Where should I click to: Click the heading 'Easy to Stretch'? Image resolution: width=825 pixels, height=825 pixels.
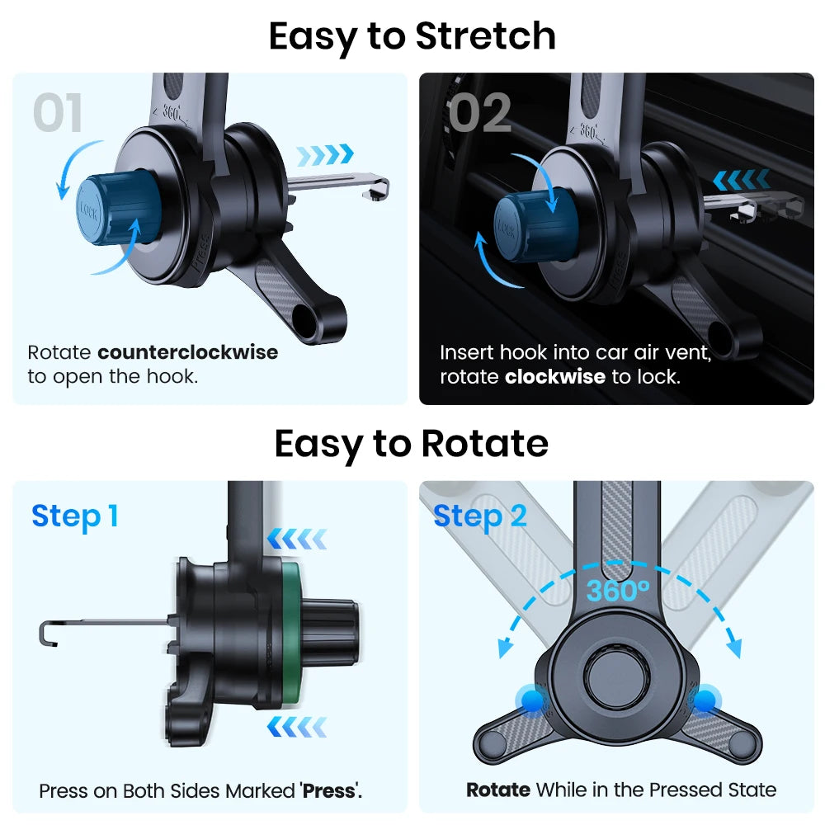412,35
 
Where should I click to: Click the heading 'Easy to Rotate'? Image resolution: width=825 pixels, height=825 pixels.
411,444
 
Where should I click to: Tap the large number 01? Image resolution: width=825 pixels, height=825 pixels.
59,114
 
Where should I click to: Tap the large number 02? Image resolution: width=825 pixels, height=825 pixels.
479,114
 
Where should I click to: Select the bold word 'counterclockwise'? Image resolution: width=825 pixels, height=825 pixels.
187,352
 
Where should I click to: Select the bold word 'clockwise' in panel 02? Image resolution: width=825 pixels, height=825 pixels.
555,376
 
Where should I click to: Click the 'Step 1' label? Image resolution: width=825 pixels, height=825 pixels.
75,516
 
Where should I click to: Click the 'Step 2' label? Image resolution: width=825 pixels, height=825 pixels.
479,516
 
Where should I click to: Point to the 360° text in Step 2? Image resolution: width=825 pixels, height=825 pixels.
618,591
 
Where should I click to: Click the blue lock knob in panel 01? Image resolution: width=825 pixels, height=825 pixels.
110,210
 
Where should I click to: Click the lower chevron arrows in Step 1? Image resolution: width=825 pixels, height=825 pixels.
296,726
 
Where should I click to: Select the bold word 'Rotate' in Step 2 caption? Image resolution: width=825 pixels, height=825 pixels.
497,790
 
